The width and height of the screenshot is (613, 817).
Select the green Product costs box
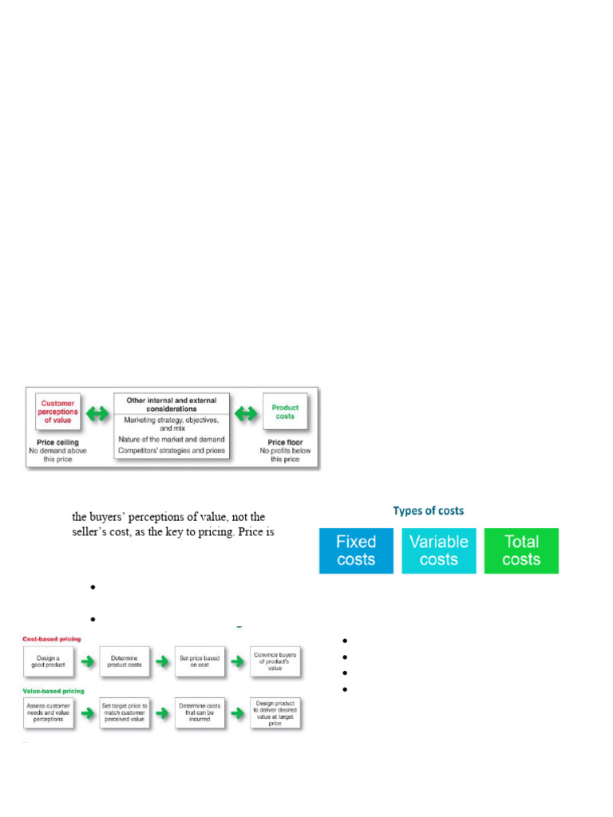[285, 412]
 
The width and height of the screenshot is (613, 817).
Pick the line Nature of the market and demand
[172, 439]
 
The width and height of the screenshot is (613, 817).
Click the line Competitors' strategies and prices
[172, 451]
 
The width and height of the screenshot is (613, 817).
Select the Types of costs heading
[428, 511]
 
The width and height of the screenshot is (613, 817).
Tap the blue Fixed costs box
[356, 551]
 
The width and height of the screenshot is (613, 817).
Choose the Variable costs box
[438, 551]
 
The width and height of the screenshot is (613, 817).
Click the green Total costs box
[521, 551]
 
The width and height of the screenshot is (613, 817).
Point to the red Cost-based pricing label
[51, 639]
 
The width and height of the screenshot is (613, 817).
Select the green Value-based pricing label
[53, 690]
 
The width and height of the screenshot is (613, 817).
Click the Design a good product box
[48, 661]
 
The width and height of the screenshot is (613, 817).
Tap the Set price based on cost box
[200, 661]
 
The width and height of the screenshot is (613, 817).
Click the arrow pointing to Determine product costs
[86, 661]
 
